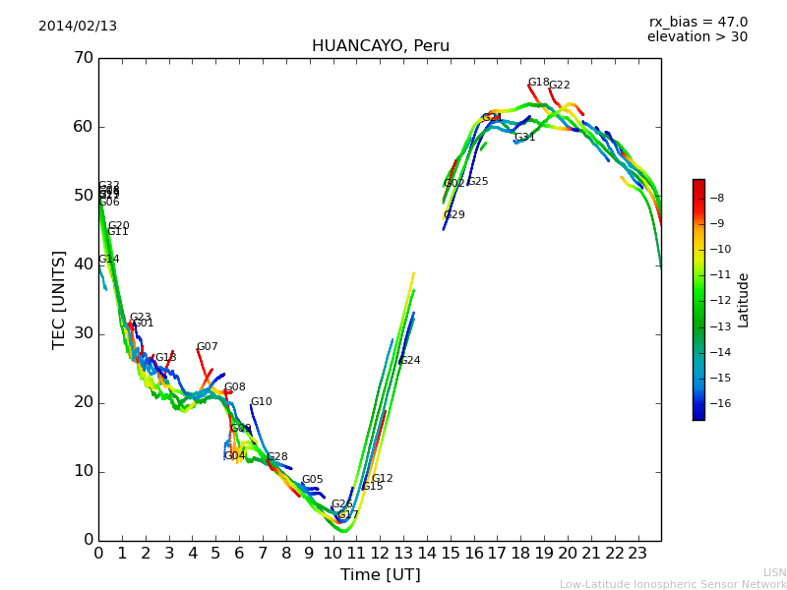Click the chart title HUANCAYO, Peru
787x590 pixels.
coord(380,46)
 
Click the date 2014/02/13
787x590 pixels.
coord(78,27)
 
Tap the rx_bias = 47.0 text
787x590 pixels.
coord(697,23)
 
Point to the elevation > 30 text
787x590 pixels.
coord(696,37)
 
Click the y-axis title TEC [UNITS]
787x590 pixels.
coord(59,299)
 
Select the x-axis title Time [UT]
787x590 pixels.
coord(380,575)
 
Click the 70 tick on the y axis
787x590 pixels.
coord(84,58)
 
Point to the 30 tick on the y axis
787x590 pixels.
coord(84,333)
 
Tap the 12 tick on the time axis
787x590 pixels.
coord(380,553)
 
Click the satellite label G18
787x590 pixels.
coord(538,84)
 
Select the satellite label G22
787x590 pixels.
coord(559,86)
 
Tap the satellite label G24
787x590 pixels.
coord(409,361)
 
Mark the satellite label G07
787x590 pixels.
coord(207,347)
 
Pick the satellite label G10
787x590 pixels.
coord(261,402)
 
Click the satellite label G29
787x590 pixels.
coord(454,215)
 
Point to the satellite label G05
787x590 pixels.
coord(312,480)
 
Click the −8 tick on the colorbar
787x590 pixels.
coord(716,198)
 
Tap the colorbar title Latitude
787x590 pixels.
coord(744,300)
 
